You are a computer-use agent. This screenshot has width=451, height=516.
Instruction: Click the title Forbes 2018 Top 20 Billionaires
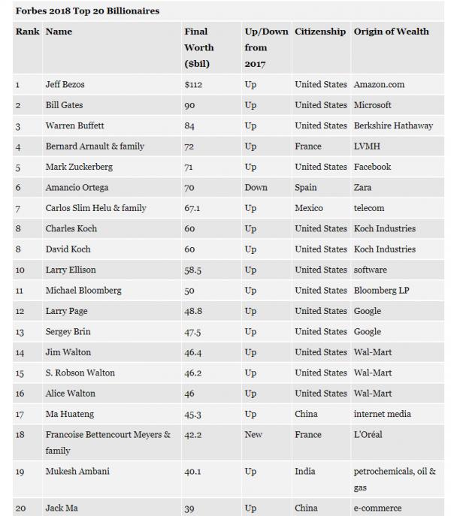click(87, 11)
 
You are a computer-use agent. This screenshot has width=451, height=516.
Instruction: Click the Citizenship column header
click(320, 32)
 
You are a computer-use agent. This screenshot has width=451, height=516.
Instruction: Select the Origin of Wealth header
click(392, 32)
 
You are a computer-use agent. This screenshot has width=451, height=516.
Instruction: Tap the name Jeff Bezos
click(65, 85)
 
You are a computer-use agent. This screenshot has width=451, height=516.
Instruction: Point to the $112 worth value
click(193, 85)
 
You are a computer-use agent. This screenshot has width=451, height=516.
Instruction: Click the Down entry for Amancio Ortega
click(256, 187)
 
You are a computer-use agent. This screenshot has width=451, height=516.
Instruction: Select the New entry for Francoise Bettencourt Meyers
click(253, 434)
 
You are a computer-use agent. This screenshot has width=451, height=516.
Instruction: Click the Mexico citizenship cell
click(309, 208)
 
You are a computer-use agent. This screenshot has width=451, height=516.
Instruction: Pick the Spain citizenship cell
click(306, 187)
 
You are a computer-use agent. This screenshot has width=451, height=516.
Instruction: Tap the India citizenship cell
click(305, 472)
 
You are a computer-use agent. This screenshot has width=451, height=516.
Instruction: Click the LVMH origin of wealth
click(367, 146)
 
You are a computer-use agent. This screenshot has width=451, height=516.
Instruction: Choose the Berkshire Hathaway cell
click(393, 125)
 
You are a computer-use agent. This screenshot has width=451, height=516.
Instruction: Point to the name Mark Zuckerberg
click(81, 167)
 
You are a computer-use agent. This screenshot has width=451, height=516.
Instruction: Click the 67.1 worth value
click(194, 208)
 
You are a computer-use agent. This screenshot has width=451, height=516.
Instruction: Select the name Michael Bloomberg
click(83, 290)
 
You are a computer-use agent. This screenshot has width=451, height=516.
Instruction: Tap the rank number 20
click(20, 508)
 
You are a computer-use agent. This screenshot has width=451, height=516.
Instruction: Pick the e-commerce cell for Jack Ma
click(377, 508)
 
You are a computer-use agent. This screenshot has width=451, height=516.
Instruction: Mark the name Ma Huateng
click(71, 414)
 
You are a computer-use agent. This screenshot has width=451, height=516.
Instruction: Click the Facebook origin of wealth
click(373, 167)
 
